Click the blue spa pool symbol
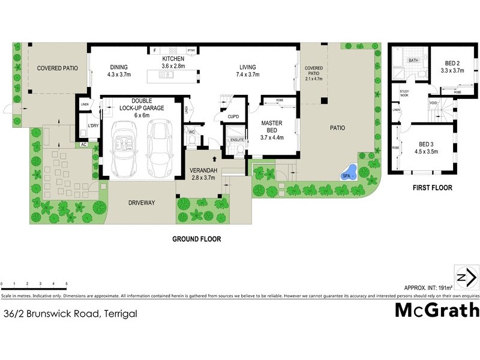(x=349, y=173)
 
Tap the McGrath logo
(x=437, y=310)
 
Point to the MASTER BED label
(x=271, y=130)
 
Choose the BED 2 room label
(x=453, y=67)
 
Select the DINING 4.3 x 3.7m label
(x=119, y=71)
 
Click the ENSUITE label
(x=236, y=140)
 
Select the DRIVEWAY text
(x=141, y=203)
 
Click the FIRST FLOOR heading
(x=431, y=188)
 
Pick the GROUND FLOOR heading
(x=197, y=239)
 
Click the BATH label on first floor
(x=413, y=61)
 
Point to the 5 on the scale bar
(x=67, y=283)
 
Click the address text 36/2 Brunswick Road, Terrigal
(x=71, y=313)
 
